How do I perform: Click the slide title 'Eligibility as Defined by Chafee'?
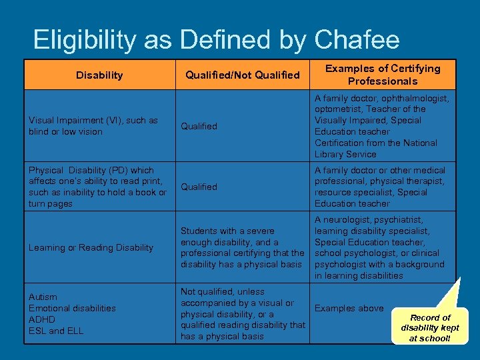pos(216,40)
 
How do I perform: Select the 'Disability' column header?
pos(99,75)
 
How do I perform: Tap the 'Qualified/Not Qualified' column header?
pos(242,75)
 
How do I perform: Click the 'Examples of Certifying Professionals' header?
pos(382,75)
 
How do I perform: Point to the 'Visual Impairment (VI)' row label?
pos(93,126)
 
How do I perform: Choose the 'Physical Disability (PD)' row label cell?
pos(97,187)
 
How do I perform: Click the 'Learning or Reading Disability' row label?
pos(91,247)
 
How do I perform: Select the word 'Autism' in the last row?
pos(43,297)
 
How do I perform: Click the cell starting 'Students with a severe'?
pos(243,247)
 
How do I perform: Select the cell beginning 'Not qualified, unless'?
pos(243,314)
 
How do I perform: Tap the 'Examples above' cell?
pos(349,308)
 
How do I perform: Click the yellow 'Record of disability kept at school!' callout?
pos(430,327)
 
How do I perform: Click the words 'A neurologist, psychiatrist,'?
pos(369,219)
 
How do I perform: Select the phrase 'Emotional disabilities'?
pos(72,308)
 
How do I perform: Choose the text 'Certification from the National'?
pos(375,143)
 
